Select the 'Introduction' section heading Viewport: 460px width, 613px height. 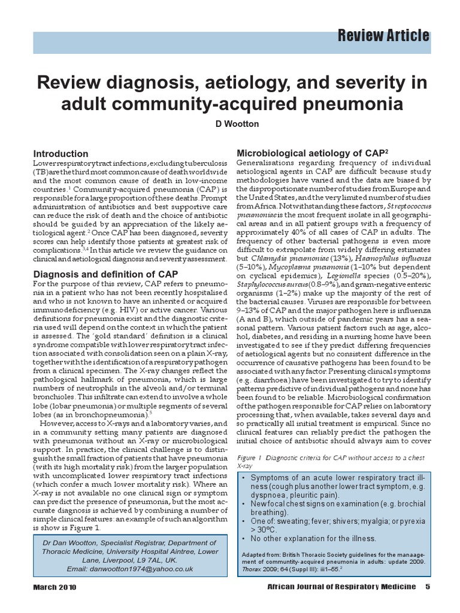coord(60,154)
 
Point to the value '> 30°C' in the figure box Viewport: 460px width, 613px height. coord(264,529)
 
